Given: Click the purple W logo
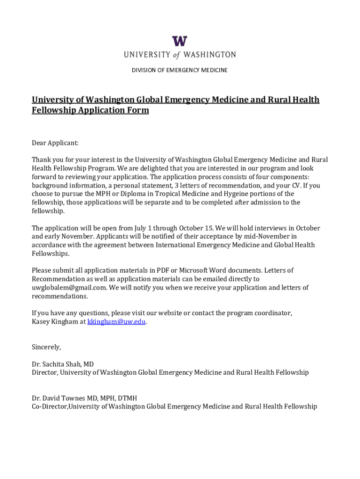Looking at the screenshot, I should (x=180, y=41).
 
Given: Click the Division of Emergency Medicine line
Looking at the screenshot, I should (x=180, y=70).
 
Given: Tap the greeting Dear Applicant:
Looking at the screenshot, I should (x=55, y=143).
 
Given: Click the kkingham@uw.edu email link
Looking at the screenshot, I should (x=116, y=322).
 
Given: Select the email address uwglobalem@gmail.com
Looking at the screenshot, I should (x=69, y=288).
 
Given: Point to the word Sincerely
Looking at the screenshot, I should (x=46, y=347).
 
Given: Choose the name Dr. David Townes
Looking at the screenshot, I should (x=58, y=398).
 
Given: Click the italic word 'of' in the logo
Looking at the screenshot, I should (x=176, y=55).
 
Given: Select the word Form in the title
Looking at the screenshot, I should (x=138, y=110).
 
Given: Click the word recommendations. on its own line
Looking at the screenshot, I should (x=59, y=296).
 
